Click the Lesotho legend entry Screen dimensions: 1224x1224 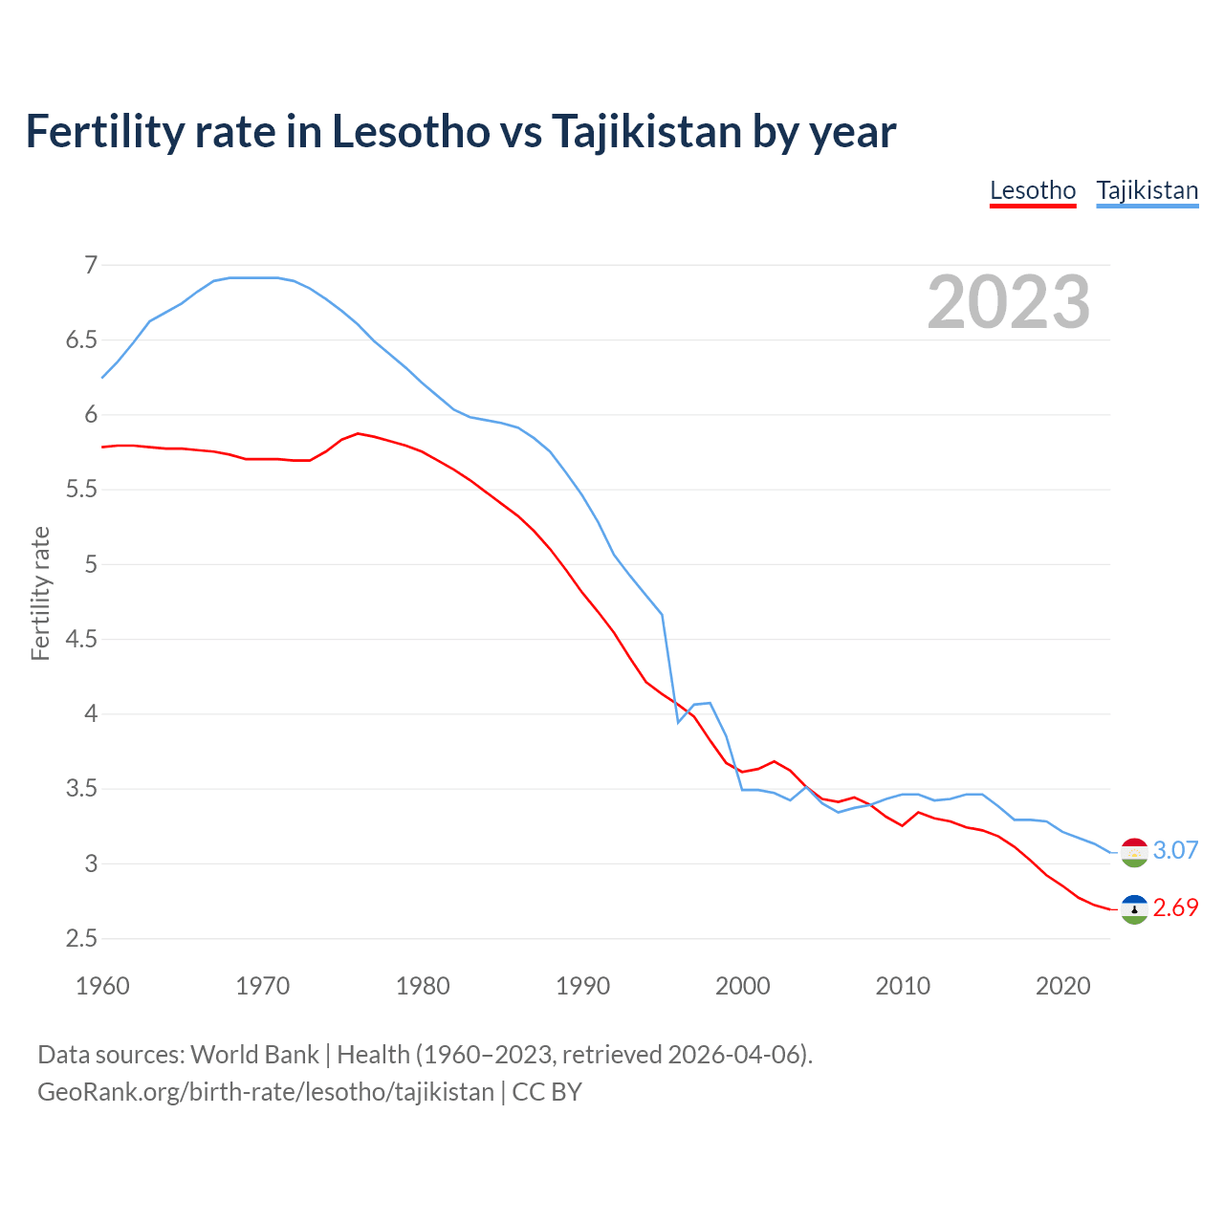(1033, 190)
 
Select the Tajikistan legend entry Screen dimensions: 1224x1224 (1147, 190)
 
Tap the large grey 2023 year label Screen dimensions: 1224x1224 (1008, 302)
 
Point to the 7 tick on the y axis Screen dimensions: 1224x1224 (91, 265)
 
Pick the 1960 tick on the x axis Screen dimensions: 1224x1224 (102, 986)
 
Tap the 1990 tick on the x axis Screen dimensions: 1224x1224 (582, 986)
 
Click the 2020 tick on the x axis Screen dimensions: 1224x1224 (1062, 986)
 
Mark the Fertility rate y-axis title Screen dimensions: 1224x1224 (40, 593)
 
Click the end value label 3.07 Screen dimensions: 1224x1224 (1175, 850)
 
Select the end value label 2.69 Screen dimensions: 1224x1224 (1175, 907)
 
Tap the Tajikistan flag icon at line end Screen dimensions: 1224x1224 (1134, 852)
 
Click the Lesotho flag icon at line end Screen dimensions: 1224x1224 (1134, 909)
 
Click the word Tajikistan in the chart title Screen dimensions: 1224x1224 (646, 132)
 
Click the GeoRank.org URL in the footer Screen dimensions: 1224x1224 (266, 1091)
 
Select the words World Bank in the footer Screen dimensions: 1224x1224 (254, 1054)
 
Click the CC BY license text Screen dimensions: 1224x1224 (547, 1091)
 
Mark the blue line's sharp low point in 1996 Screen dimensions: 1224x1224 (678, 722)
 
